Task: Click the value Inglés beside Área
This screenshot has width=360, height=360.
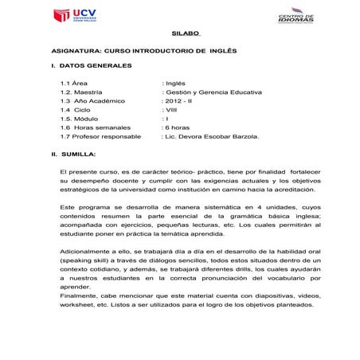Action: point(175,82)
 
